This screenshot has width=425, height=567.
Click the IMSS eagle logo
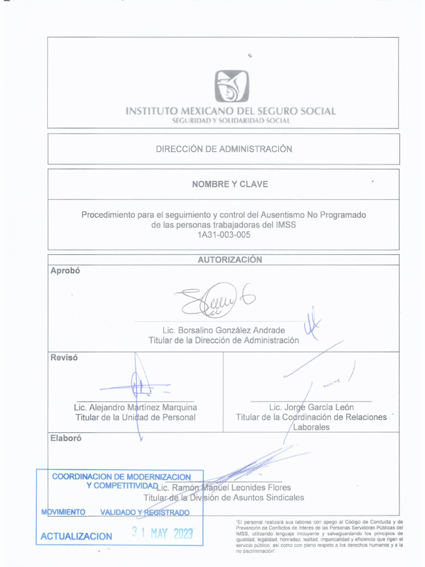click(231, 86)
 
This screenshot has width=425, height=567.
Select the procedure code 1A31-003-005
click(224, 235)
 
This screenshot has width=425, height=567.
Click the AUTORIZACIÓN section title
click(230, 260)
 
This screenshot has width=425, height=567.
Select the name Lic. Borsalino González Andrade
click(224, 331)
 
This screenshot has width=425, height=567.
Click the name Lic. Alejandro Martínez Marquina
click(136, 408)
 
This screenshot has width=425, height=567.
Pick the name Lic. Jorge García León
click(311, 408)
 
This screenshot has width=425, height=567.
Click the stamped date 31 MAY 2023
click(162, 534)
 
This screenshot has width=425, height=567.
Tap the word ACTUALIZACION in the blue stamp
click(76, 536)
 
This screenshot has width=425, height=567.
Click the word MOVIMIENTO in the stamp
click(63, 512)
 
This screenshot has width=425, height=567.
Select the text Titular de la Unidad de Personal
click(136, 417)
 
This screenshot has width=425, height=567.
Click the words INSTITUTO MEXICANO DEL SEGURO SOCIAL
click(230, 111)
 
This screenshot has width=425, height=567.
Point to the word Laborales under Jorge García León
click(311, 427)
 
